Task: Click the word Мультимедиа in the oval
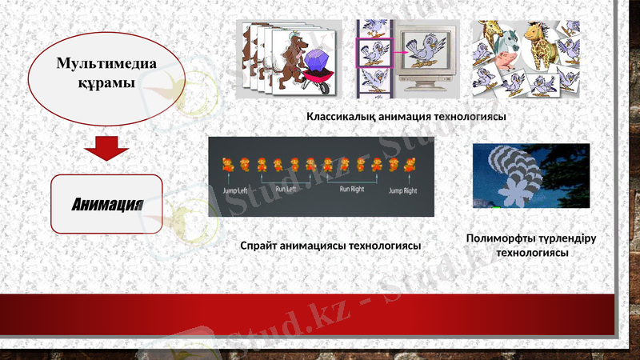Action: (x=106, y=64)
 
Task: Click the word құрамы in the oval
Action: (x=106, y=83)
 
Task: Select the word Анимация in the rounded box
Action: (x=106, y=203)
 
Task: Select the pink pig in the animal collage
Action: (x=506, y=62)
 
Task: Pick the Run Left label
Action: (x=285, y=190)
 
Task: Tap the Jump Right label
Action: (x=402, y=192)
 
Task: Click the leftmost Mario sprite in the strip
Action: (x=226, y=166)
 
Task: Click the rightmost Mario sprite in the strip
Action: (x=410, y=166)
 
